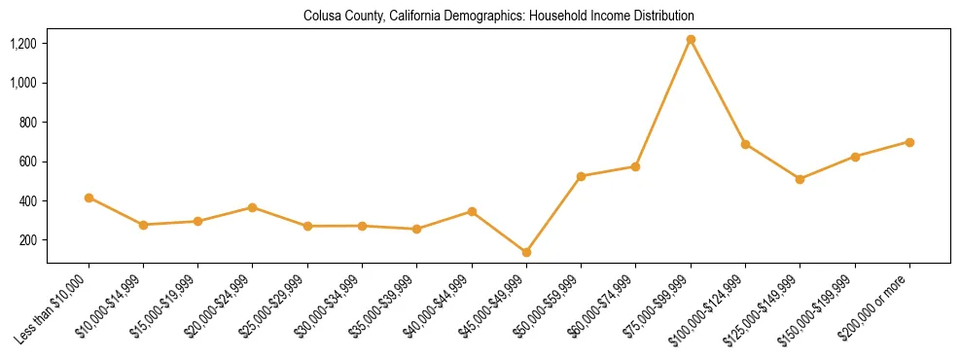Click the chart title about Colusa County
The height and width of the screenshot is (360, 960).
click(x=498, y=17)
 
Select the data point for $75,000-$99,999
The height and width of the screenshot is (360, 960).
click(x=691, y=40)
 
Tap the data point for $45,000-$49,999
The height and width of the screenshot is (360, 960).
click(x=526, y=252)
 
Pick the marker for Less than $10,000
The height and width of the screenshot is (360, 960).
click(x=89, y=198)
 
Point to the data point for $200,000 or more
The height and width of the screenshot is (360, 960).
click(x=909, y=142)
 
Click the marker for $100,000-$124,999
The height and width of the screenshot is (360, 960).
click(x=745, y=144)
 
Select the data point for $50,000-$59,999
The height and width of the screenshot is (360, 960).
click(x=581, y=176)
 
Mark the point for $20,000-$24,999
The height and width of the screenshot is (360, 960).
click(x=253, y=207)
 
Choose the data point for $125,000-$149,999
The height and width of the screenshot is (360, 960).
click(x=800, y=179)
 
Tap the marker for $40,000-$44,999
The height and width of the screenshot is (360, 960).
click(x=472, y=211)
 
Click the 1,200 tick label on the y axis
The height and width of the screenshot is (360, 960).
click(x=23, y=44)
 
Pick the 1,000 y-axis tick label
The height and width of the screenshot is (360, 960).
click(x=23, y=83)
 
